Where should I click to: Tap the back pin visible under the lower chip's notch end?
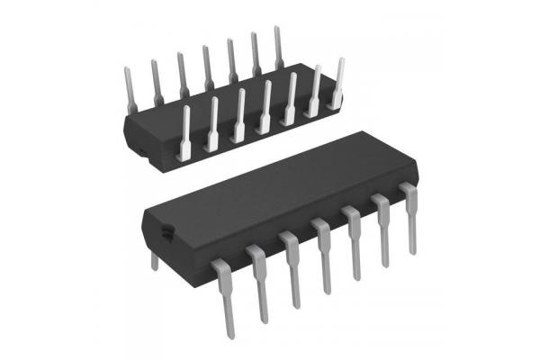[x=154, y=258]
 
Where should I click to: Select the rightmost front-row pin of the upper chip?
[x=339, y=85]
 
